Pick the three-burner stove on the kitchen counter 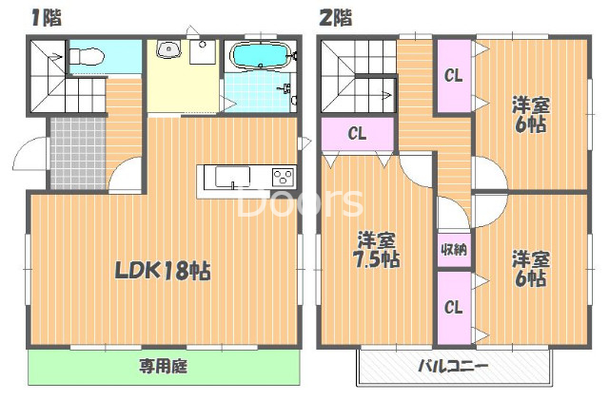pos(284,178)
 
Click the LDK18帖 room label pos(163,270)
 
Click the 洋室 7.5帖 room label pos(378,249)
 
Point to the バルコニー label pos(452,366)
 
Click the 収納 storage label pos(453,250)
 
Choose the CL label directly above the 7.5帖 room pos(357,133)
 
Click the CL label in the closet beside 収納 pos(453,307)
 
